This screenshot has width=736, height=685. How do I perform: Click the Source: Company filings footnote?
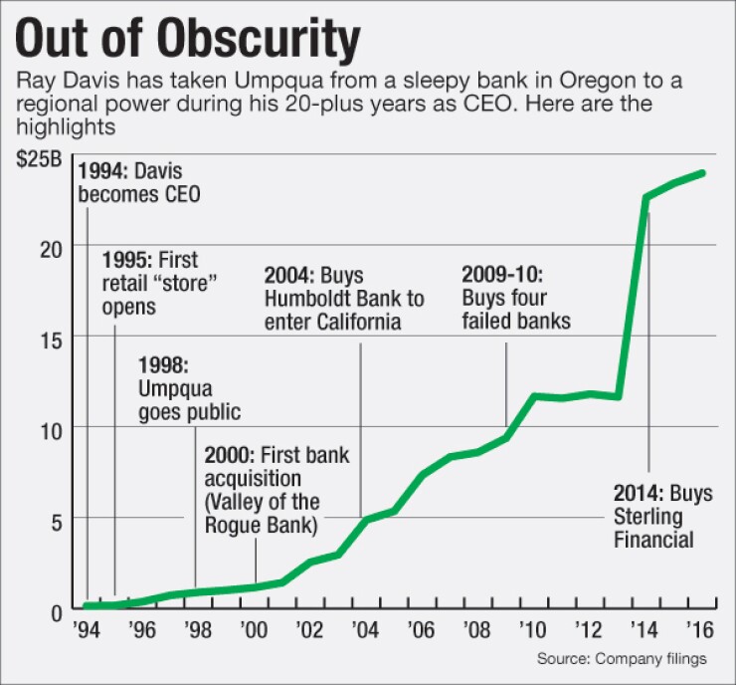click(623, 658)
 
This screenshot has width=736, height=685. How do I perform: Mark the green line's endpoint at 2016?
click(703, 173)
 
